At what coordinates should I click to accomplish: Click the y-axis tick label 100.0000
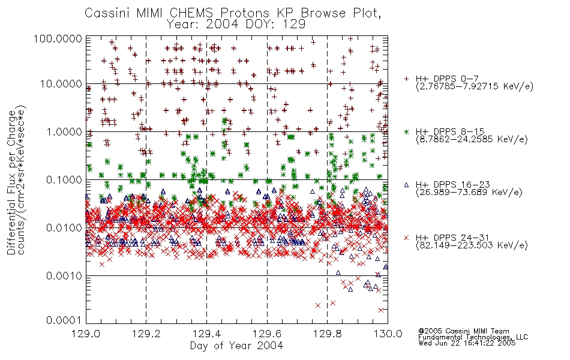click(x=58, y=39)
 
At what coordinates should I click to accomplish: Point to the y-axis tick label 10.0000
click(x=61, y=85)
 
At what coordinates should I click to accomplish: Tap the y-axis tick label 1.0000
click(x=64, y=132)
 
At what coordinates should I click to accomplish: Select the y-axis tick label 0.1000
click(x=64, y=180)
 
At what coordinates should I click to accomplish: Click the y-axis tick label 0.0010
click(x=64, y=276)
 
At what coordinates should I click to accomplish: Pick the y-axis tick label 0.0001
click(x=64, y=320)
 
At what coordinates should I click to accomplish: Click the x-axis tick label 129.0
click(x=86, y=334)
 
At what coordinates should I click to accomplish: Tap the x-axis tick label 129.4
click(x=207, y=334)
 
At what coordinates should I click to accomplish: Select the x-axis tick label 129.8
click(x=328, y=334)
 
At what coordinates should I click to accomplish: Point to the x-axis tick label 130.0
click(x=388, y=334)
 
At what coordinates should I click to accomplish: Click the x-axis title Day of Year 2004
click(x=236, y=346)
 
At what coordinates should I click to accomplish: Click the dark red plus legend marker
click(x=407, y=79)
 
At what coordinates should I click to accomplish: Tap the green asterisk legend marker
click(x=407, y=131)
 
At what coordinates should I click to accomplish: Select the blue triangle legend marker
click(x=407, y=185)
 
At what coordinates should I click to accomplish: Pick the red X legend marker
click(x=407, y=238)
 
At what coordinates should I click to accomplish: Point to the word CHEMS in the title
click(x=191, y=13)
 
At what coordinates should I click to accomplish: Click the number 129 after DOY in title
click(x=295, y=25)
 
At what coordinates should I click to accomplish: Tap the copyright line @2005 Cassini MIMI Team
click(x=464, y=331)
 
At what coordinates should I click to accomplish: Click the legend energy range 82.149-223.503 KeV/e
click(x=472, y=245)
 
